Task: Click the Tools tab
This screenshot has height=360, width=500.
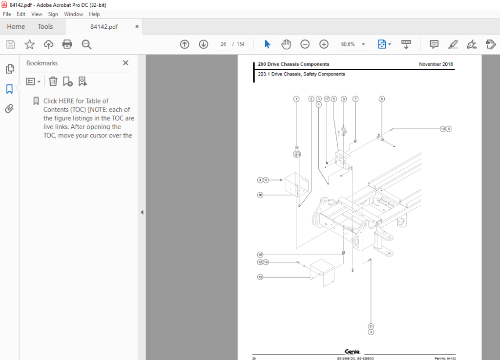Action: (45, 27)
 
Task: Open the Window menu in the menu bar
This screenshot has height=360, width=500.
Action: (73, 14)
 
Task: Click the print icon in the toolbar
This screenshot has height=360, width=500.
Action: (67, 44)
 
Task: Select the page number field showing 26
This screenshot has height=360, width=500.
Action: (223, 44)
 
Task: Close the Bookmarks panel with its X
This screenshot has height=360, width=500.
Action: (125, 63)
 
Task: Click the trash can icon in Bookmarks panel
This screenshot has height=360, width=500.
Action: (53, 81)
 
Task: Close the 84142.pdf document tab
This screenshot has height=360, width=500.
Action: (137, 27)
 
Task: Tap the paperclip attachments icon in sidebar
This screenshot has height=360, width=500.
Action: (9, 108)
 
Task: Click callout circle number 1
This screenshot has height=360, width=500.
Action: (296, 99)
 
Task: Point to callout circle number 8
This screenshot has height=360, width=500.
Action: (382, 99)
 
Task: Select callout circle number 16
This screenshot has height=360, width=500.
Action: (260, 195)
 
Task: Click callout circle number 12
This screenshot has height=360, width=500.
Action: (260, 277)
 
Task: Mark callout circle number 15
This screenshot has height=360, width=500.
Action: (260, 255)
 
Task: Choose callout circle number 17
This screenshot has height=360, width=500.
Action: (327, 99)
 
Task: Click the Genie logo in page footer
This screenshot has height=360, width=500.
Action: (352, 351)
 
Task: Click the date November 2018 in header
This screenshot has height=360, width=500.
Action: (436, 64)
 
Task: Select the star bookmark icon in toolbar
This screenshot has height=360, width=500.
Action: (30, 44)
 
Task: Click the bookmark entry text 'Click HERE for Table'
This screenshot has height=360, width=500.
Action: (76, 101)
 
